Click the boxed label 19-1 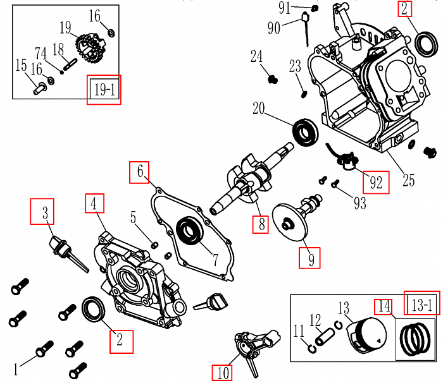point(104,90)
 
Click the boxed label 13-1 point(420,304)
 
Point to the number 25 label point(408,180)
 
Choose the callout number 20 point(258,109)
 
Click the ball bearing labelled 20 point(306,132)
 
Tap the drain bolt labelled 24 point(273,80)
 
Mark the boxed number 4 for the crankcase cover point(94,203)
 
